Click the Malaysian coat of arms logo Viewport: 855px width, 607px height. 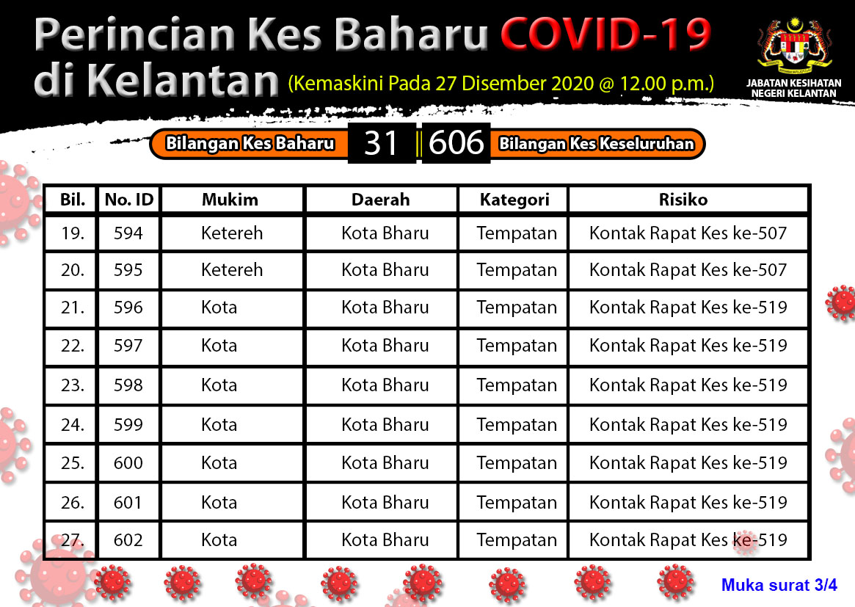tap(794, 47)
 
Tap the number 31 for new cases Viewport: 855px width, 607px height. tap(381, 143)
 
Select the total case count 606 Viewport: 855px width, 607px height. tap(456, 143)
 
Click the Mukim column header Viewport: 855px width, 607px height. tap(230, 200)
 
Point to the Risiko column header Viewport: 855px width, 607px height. tap(683, 200)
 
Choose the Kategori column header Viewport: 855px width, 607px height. tap(514, 200)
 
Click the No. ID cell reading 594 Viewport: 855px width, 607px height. tap(128, 233)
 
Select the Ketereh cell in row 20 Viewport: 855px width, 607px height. tap(232, 270)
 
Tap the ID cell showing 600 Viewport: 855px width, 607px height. tap(128, 463)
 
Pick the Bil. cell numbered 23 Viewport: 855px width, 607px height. tap(73, 385)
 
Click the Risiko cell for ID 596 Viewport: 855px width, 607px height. tap(688, 308)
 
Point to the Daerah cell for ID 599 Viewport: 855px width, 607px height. tap(385, 425)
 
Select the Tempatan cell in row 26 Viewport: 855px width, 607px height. tap(517, 503)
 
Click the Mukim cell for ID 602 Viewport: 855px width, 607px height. tap(219, 540)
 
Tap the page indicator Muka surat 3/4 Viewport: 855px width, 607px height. tap(779, 585)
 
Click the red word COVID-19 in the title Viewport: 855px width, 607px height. tap(605, 34)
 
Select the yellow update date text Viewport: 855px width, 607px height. tap(501, 84)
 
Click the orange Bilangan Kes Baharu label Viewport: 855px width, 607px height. tap(250, 143)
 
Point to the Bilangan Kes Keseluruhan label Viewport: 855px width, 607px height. tap(596, 143)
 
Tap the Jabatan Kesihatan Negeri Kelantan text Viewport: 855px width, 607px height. tap(794, 88)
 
